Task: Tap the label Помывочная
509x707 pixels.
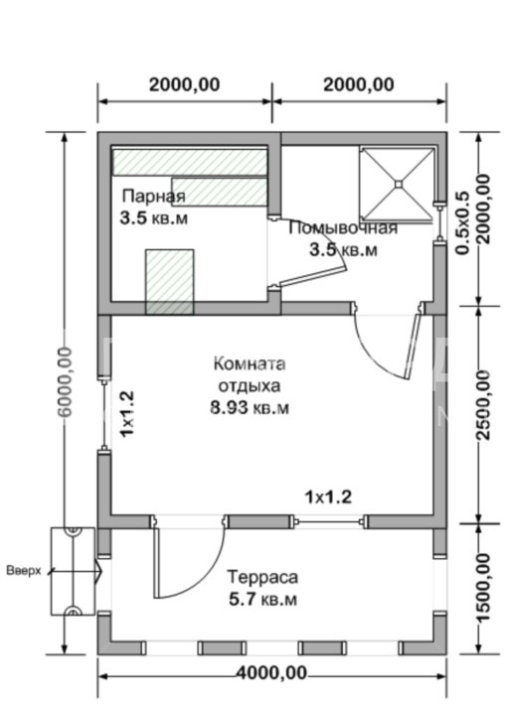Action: (343, 228)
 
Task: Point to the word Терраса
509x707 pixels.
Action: (261, 577)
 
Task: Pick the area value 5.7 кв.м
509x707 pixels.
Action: (261, 600)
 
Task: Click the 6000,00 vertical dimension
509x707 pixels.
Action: (65, 386)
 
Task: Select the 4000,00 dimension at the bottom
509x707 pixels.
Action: (271, 672)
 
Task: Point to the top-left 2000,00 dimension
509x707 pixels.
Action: (184, 84)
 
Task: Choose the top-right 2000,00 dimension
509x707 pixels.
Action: (359, 84)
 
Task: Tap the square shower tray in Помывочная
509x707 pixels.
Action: (398, 183)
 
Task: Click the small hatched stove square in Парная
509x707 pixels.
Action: (170, 280)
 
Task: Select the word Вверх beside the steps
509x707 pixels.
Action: (24, 572)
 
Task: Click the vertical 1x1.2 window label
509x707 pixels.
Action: (126, 415)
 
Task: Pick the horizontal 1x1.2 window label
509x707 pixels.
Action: (327, 495)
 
